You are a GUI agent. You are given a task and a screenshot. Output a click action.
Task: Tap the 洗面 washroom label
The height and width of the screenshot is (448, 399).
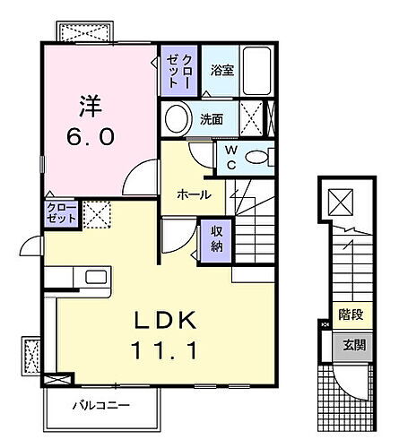coord(212,118)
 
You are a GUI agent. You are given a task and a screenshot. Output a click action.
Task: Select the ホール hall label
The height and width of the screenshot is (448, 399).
coord(194,194)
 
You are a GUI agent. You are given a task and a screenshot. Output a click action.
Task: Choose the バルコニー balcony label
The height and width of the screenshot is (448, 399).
coord(102,405)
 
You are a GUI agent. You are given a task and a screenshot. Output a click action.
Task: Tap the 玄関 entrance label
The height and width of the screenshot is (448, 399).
coord(349,346)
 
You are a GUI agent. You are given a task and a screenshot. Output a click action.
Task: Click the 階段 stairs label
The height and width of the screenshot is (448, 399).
coord(349,315)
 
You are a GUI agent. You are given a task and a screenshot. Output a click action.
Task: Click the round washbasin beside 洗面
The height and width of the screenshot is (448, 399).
coord(178,117)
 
